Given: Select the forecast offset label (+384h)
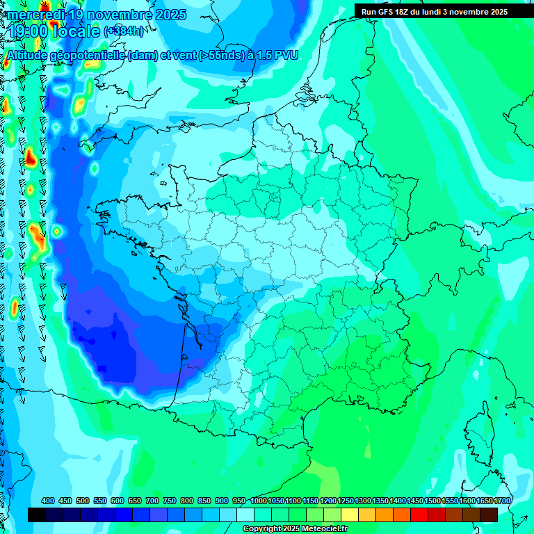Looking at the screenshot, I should click(124, 31).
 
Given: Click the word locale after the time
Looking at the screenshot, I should click(76, 31).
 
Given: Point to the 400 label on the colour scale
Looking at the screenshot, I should click(48, 501).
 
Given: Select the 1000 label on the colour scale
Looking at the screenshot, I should click(258, 501).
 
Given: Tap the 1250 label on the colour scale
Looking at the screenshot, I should click(346, 501).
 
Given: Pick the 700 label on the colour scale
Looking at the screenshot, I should click(152, 501).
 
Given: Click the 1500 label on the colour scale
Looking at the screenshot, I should click(432, 501).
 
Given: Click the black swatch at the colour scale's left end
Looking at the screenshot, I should click(37, 515).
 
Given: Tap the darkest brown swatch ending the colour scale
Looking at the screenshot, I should click(489, 515).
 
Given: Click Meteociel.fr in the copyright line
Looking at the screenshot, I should click(325, 529).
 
